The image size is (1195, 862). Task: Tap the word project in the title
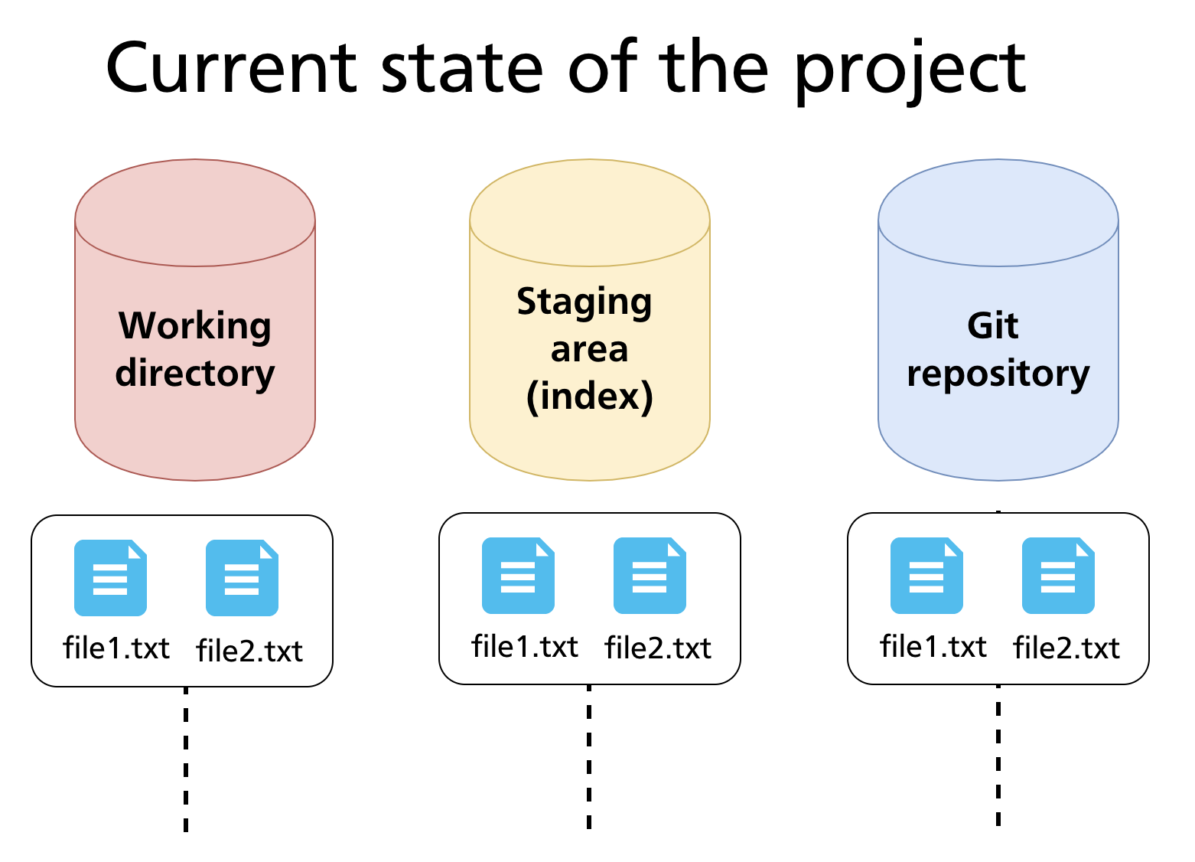pyautogui.click(x=910, y=70)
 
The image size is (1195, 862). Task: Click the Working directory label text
pyautogui.click(x=195, y=349)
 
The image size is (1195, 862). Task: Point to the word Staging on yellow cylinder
pyautogui.click(x=584, y=302)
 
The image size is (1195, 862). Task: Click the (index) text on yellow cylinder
pyautogui.click(x=589, y=396)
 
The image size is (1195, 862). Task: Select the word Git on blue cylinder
pyautogui.click(x=992, y=325)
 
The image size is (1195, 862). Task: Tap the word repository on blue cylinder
pyautogui.click(x=998, y=374)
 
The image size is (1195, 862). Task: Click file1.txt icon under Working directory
pyautogui.click(x=110, y=578)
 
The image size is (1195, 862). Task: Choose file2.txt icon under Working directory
pyautogui.click(x=242, y=578)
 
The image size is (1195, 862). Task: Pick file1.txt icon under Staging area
pyautogui.click(x=518, y=576)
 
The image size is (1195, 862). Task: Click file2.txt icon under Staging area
pyautogui.click(x=650, y=576)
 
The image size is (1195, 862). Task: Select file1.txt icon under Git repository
pyautogui.click(x=926, y=576)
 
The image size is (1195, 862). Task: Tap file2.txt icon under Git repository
pyautogui.click(x=1058, y=576)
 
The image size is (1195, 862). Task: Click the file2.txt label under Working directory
pyautogui.click(x=249, y=651)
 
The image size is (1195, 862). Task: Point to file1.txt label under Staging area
pyautogui.click(x=525, y=647)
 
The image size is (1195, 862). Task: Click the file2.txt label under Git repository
pyautogui.click(x=1066, y=648)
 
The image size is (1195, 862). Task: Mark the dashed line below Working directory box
pyautogui.click(x=186, y=758)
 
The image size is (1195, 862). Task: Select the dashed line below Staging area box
pyautogui.click(x=588, y=756)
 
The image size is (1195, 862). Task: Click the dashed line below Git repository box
pyautogui.click(x=998, y=755)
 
